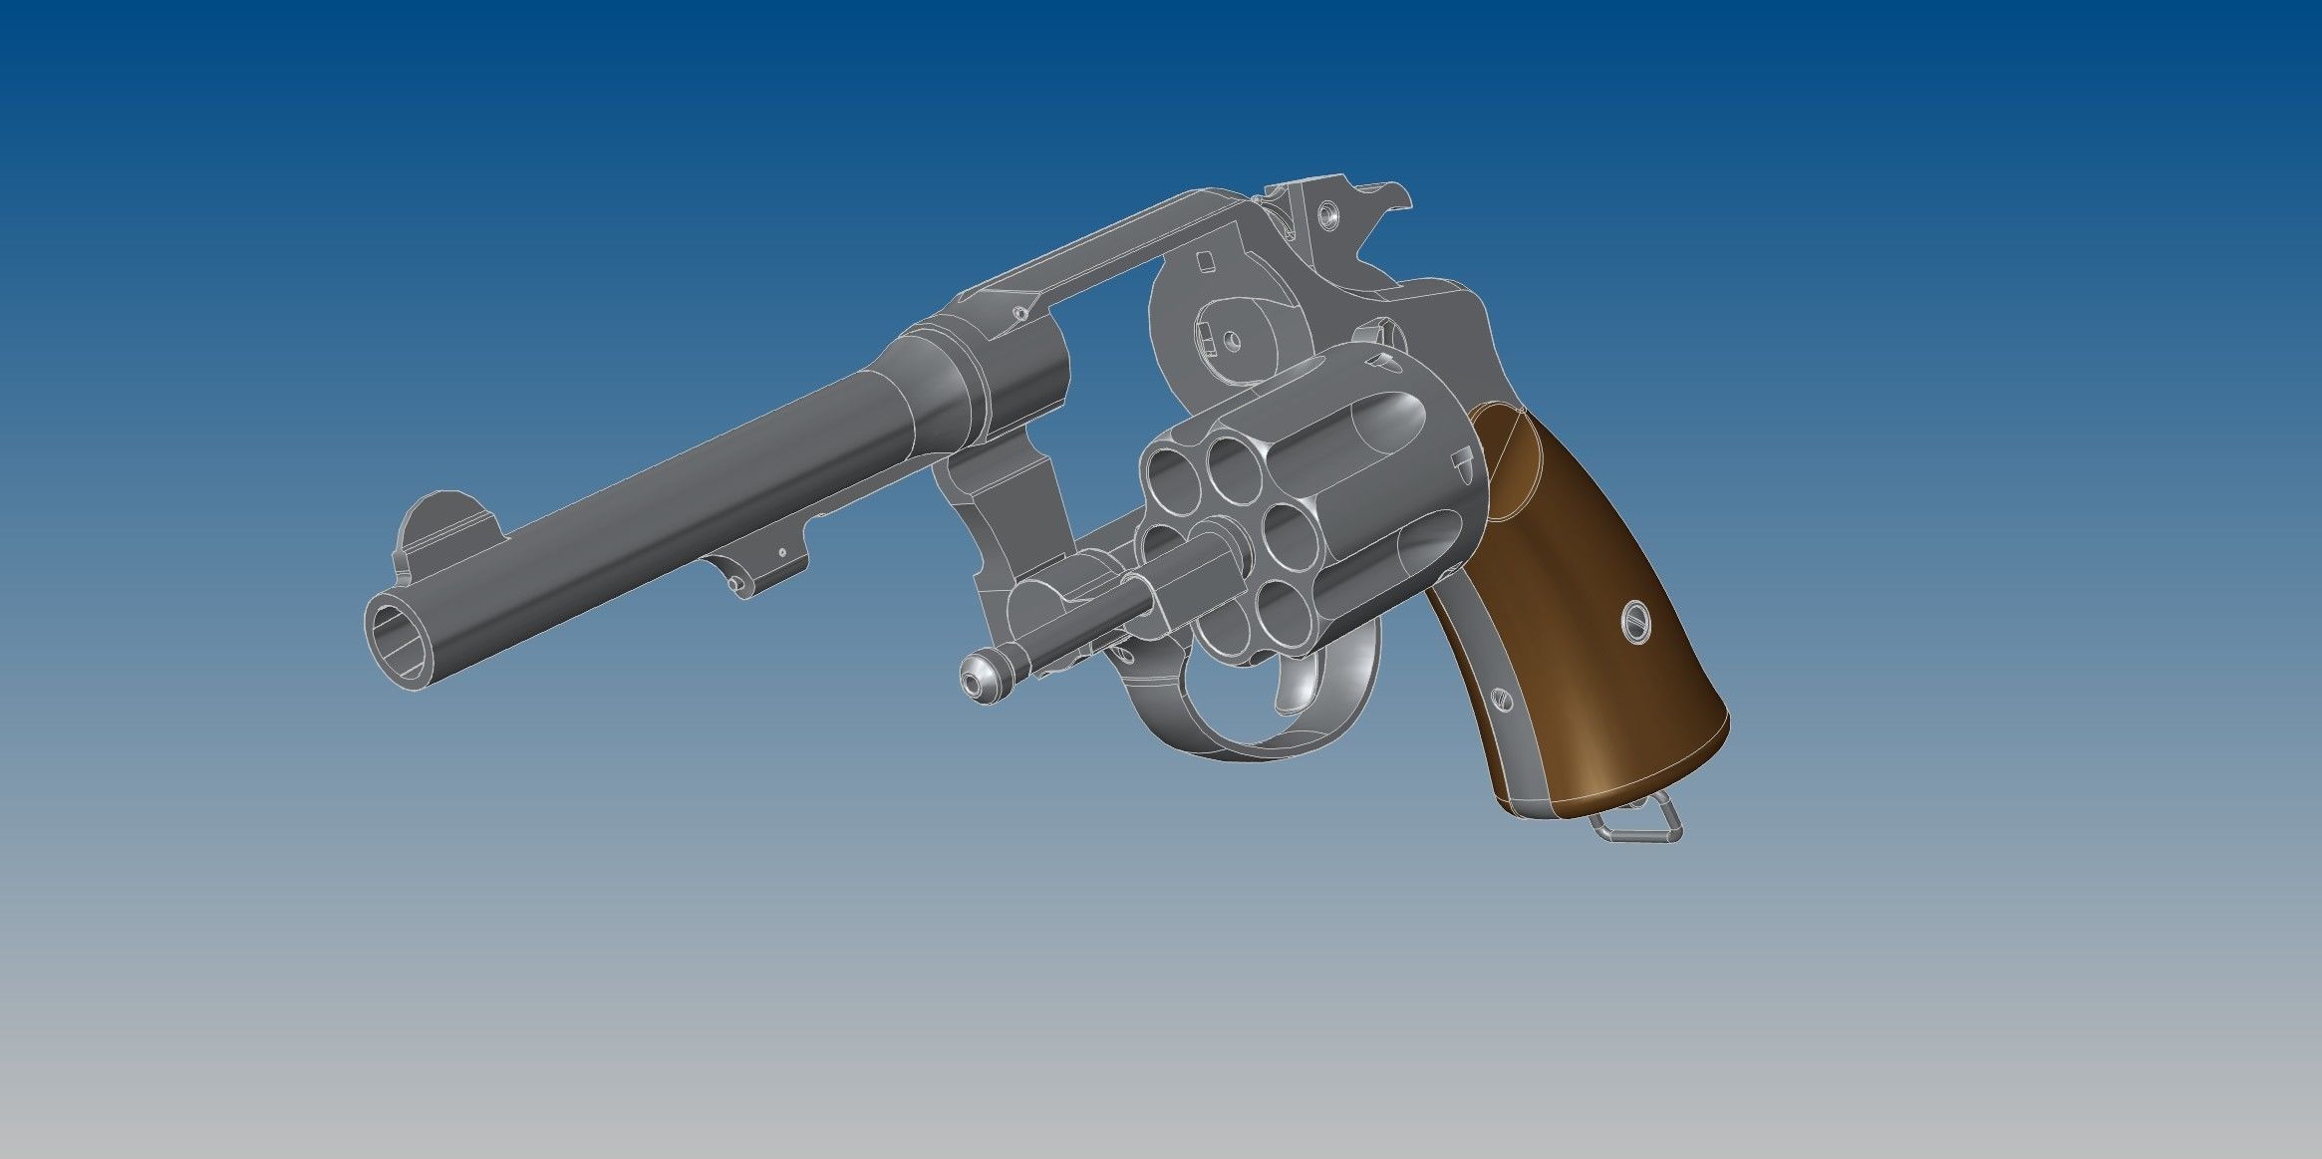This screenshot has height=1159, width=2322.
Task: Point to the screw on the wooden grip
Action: tap(1637, 624)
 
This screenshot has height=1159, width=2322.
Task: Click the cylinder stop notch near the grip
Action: tap(1462, 459)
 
